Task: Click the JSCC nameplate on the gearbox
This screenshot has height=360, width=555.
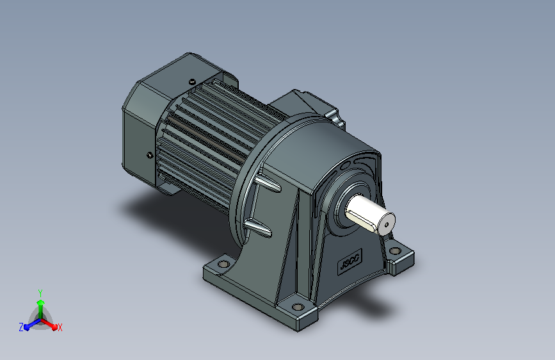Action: click(x=350, y=261)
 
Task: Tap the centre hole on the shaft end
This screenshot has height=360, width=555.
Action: click(x=387, y=224)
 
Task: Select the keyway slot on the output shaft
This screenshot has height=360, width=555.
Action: click(x=362, y=219)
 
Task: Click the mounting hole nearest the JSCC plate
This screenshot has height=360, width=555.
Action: click(x=395, y=251)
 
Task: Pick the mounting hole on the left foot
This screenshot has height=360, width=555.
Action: click(x=223, y=264)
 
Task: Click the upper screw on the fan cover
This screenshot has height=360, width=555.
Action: click(x=192, y=81)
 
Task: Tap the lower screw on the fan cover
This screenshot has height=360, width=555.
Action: click(x=150, y=155)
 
